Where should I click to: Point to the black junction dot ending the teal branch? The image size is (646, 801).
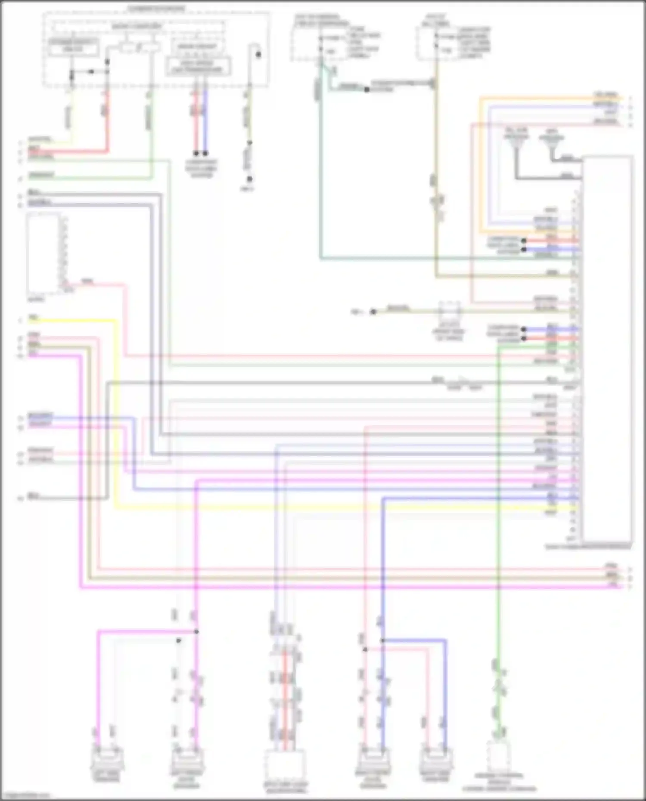[366, 90]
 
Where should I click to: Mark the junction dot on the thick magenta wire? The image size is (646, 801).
[196, 631]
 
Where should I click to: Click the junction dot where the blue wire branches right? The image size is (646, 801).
[382, 641]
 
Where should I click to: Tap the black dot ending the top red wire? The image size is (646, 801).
[196, 153]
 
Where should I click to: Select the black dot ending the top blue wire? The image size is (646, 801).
[205, 153]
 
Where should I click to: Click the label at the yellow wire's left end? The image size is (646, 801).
[34, 318]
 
